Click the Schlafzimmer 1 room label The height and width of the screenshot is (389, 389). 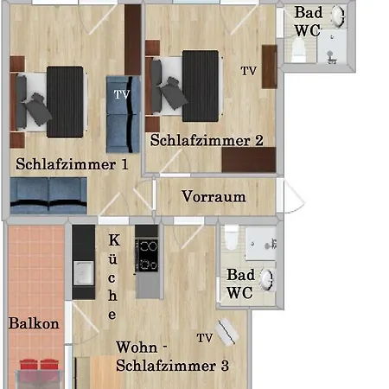coord(72,164)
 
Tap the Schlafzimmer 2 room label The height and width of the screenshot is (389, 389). coord(207,140)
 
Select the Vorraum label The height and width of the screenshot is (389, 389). coord(214,196)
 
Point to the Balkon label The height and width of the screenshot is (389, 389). coord(34,323)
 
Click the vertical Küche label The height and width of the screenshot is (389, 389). coord(113,277)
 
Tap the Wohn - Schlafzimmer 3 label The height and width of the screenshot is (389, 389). coord(172,356)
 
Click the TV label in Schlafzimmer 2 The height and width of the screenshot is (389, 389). coord(249,71)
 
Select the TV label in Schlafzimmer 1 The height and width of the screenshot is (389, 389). coord(122,94)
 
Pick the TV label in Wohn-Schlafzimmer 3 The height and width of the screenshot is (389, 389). coord(205,338)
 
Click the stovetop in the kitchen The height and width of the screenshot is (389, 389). coord(147,255)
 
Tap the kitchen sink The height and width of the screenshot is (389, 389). coord(84,273)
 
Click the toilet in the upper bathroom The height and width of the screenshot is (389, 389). coord(298,49)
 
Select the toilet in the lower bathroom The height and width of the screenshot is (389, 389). coord(232,238)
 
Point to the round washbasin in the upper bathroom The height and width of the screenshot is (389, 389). coord(337,16)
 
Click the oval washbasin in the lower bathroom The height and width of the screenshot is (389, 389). coord(266,279)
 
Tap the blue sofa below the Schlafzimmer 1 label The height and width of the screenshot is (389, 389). coord(48,196)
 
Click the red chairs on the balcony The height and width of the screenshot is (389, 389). coord(39,365)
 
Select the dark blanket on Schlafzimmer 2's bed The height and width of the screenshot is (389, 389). coord(201,86)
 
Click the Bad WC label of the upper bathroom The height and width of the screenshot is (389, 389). coord(308,22)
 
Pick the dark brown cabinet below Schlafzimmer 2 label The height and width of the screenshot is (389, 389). coord(249,160)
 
